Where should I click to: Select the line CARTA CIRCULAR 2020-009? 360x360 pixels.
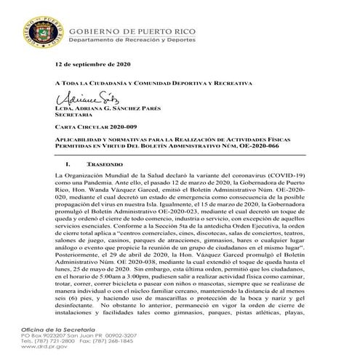click(96, 126)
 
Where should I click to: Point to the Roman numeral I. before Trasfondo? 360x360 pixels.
click(68, 167)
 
